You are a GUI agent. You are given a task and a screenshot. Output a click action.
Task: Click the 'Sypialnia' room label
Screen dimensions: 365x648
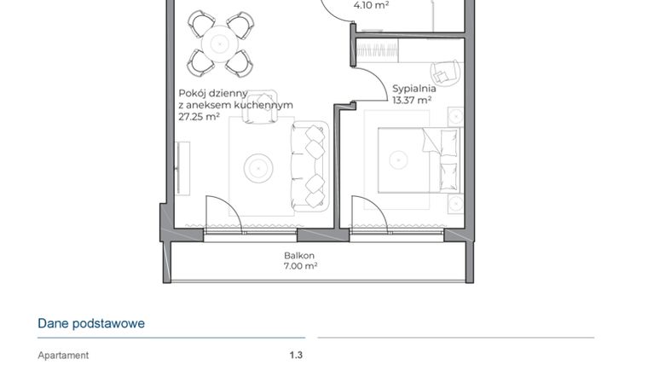click(x=414, y=88)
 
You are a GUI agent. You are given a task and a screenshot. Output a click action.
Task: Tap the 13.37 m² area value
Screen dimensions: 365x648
click(x=412, y=99)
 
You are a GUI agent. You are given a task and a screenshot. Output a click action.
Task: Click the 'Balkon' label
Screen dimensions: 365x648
click(x=299, y=255)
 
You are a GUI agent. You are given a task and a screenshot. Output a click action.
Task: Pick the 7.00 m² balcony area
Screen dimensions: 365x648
click(x=300, y=266)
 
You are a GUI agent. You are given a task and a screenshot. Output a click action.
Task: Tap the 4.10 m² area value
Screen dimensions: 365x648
click(x=371, y=5)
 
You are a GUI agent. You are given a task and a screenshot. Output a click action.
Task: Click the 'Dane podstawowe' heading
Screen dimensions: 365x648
click(x=91, y=323)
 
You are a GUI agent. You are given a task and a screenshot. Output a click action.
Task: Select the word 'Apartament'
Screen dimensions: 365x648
click(x=63, y=356)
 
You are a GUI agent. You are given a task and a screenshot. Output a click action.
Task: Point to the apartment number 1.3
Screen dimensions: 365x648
click(x=296, y=356)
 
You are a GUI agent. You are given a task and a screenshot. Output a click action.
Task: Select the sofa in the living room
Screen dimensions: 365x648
click(x=310, y=166)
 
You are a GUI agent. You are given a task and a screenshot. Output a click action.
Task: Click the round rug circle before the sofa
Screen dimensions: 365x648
click(x=258, y=167)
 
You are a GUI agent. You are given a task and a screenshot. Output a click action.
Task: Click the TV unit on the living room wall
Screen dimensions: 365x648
click(x=180, y=167)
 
